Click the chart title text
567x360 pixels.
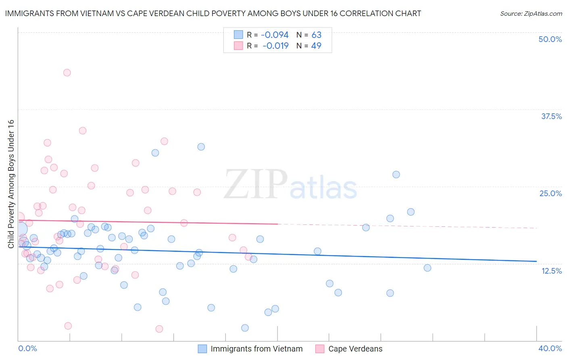point(213,13)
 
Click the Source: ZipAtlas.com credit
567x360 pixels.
point(531,13)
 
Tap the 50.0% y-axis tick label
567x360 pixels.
point(550,39)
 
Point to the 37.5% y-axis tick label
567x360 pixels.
point(551,116)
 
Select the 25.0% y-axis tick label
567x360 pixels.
point(550,193)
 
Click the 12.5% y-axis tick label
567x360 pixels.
point(551,271)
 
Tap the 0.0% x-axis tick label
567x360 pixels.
point(27,348)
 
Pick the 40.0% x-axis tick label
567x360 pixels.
point(550,348)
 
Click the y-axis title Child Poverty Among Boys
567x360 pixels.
point(11,184)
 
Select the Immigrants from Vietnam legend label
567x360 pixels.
point(256,349)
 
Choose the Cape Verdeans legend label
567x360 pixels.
point(355,349)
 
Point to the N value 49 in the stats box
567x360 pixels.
point(316,46)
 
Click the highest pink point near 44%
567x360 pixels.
point(67,73)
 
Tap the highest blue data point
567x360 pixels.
point(201,147)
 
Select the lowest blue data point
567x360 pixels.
point(245,328)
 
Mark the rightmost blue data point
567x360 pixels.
point(427,268)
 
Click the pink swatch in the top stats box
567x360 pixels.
point(238,46)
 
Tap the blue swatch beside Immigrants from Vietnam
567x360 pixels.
point(202,349)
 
